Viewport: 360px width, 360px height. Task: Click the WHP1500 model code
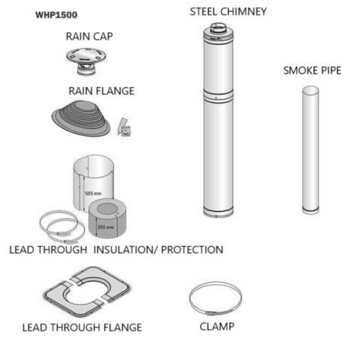point(57,15)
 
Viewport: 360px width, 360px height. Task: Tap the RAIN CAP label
point(89,37)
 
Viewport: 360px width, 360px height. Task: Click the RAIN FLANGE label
point(101,91)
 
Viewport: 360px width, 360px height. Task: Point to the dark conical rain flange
point(82,117)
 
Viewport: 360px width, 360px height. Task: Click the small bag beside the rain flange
point(124,126)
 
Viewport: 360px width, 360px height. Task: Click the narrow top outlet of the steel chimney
point(219,28)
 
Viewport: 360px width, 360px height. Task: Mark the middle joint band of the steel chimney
point(218,95)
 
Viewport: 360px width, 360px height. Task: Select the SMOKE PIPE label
point(312,71)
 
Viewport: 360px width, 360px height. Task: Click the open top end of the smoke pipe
point(310,91)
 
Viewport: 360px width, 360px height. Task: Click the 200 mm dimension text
point(105,226)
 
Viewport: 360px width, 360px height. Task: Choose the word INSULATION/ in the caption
point(125,250)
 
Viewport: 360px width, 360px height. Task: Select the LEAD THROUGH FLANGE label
point(82,327)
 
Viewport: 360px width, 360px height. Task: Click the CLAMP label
point(217,326)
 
